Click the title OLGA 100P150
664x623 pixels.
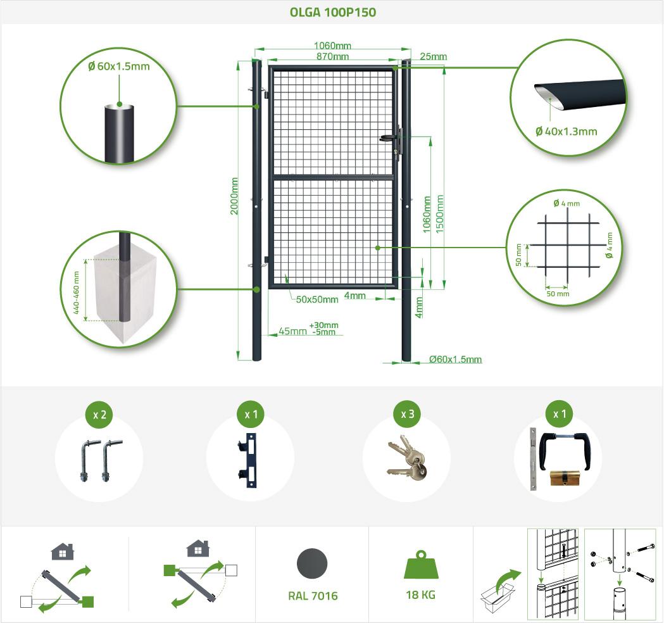332,12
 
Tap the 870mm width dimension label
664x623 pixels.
332,56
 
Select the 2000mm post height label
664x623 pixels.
234,196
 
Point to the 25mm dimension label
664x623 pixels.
433,56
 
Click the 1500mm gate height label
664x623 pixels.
440,214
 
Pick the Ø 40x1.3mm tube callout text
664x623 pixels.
566,132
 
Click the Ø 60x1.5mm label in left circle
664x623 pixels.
119,66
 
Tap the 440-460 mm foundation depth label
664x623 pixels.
77,293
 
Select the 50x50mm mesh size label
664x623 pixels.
316,299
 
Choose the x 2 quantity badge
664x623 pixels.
100,415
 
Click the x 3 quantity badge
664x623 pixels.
408,414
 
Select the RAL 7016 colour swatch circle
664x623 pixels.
312,563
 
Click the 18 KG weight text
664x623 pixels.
420,595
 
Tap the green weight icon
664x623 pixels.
421,565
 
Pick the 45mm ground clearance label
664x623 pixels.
292,331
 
